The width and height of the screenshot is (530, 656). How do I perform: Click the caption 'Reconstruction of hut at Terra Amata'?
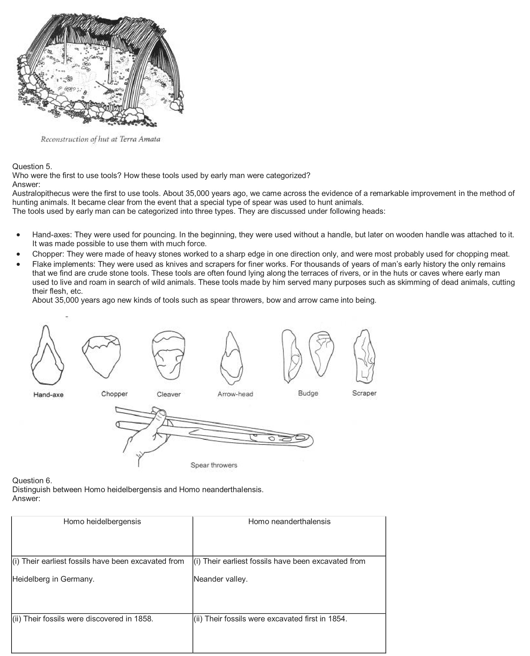tap(100, 139)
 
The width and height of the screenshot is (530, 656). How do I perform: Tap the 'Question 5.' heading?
tap(32, 166)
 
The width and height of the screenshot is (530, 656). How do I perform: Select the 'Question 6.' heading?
tap(32, 480)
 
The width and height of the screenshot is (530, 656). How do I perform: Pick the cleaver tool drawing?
tap(168, 355)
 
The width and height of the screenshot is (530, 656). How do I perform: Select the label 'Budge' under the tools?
tap(308, 393)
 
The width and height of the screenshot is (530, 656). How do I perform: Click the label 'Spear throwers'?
tap(214, 465)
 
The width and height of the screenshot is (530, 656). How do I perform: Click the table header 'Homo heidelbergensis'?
tap(102, 521)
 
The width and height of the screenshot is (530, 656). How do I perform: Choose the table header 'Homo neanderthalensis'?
tap(289, 521)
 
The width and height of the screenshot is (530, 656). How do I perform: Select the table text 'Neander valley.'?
tap(220, 579)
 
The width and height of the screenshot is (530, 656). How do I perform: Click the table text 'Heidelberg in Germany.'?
tap(53, 579)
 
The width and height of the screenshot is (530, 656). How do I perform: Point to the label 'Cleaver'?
tap(169, 394)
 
